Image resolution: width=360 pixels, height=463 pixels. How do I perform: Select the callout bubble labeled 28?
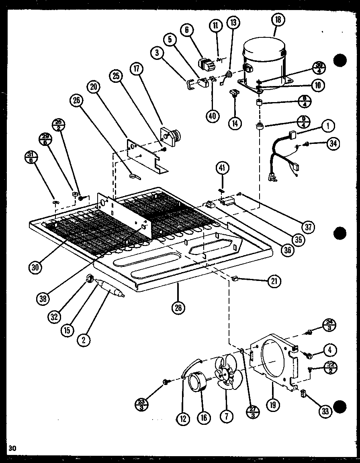178,309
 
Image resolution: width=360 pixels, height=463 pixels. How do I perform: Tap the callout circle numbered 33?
324,411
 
